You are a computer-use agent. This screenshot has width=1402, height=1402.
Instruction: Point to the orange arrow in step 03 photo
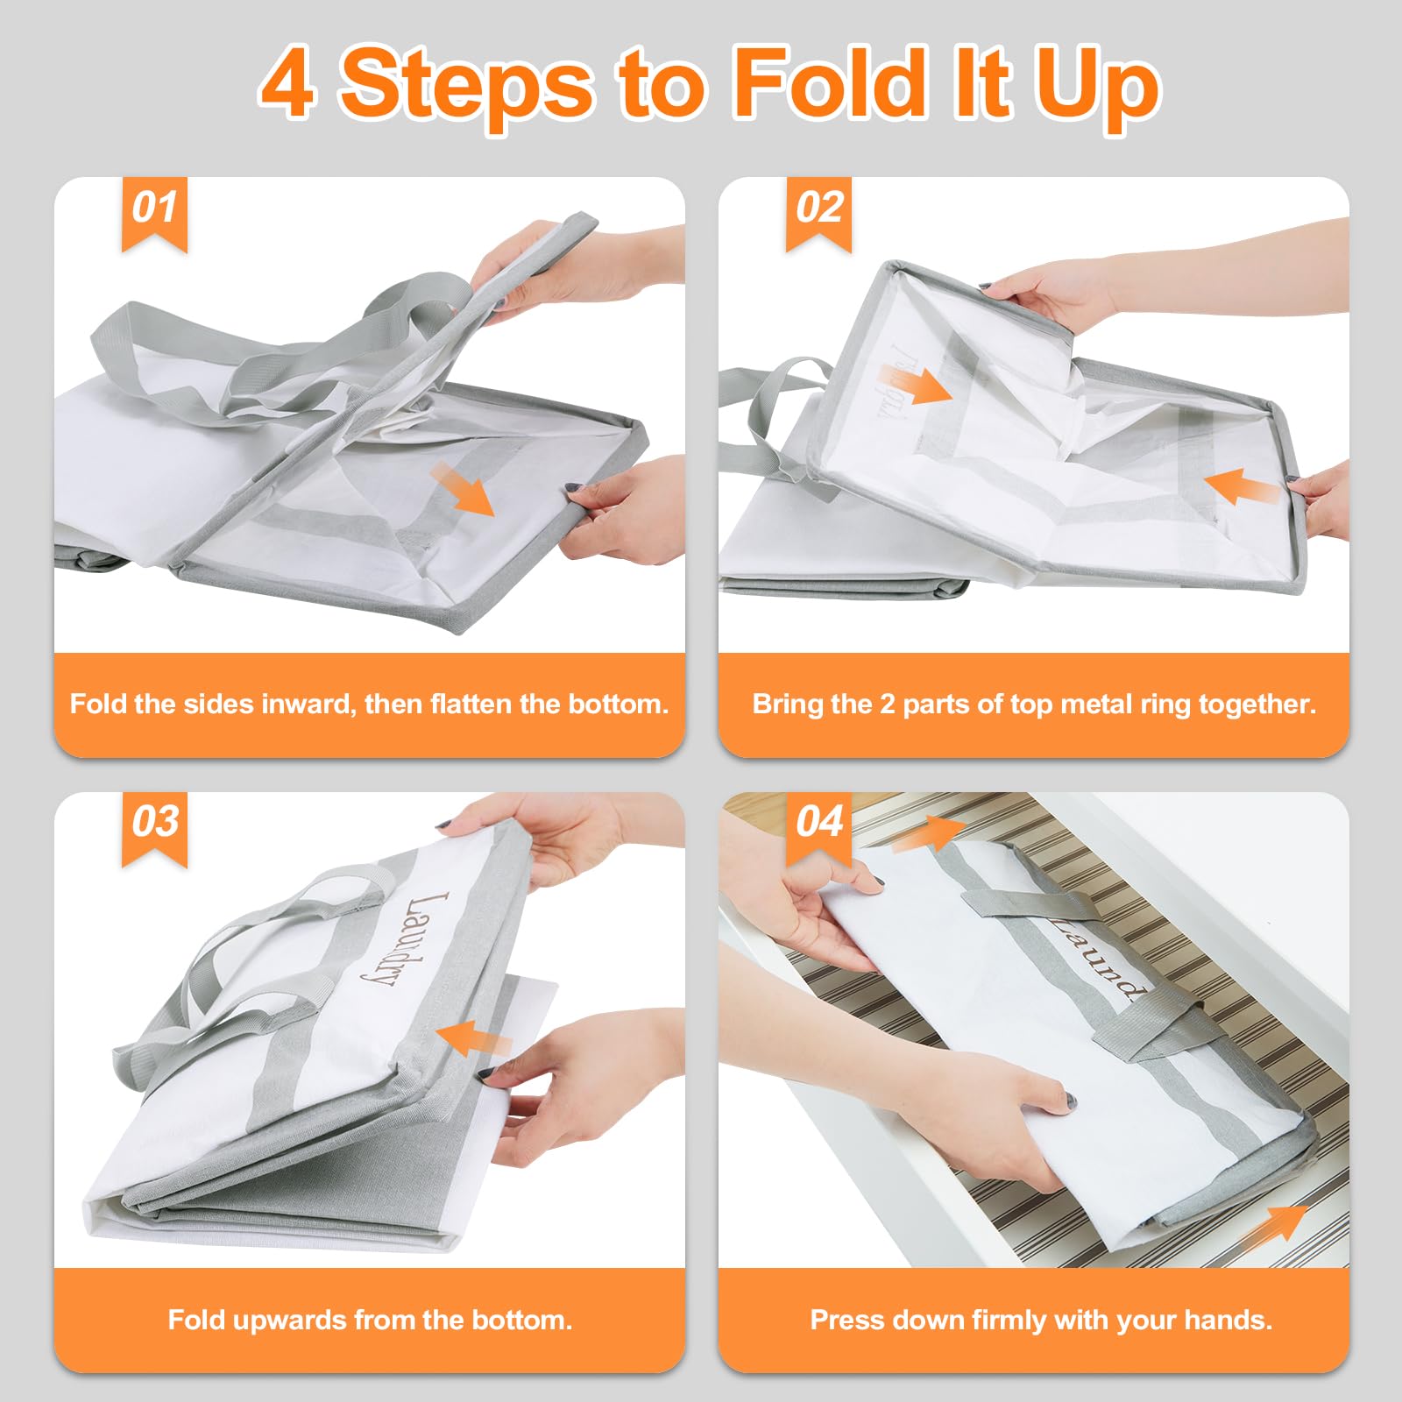pos(474,1039)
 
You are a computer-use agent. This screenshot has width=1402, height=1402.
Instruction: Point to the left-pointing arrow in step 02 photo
pos(1243,485)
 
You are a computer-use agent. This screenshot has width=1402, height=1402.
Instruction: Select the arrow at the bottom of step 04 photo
pos(1275,1224)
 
